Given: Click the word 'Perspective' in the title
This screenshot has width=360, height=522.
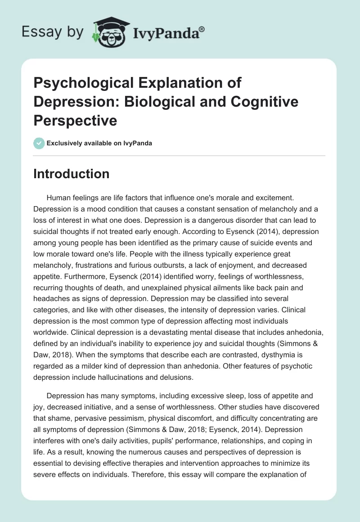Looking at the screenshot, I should pyautogui.click(x=75, y=121).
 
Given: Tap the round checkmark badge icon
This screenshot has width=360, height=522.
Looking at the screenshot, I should pyautogui.click(x=39, y=143).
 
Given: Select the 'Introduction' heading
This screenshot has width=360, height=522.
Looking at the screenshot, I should pyautogui.click(x=71, y=174).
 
